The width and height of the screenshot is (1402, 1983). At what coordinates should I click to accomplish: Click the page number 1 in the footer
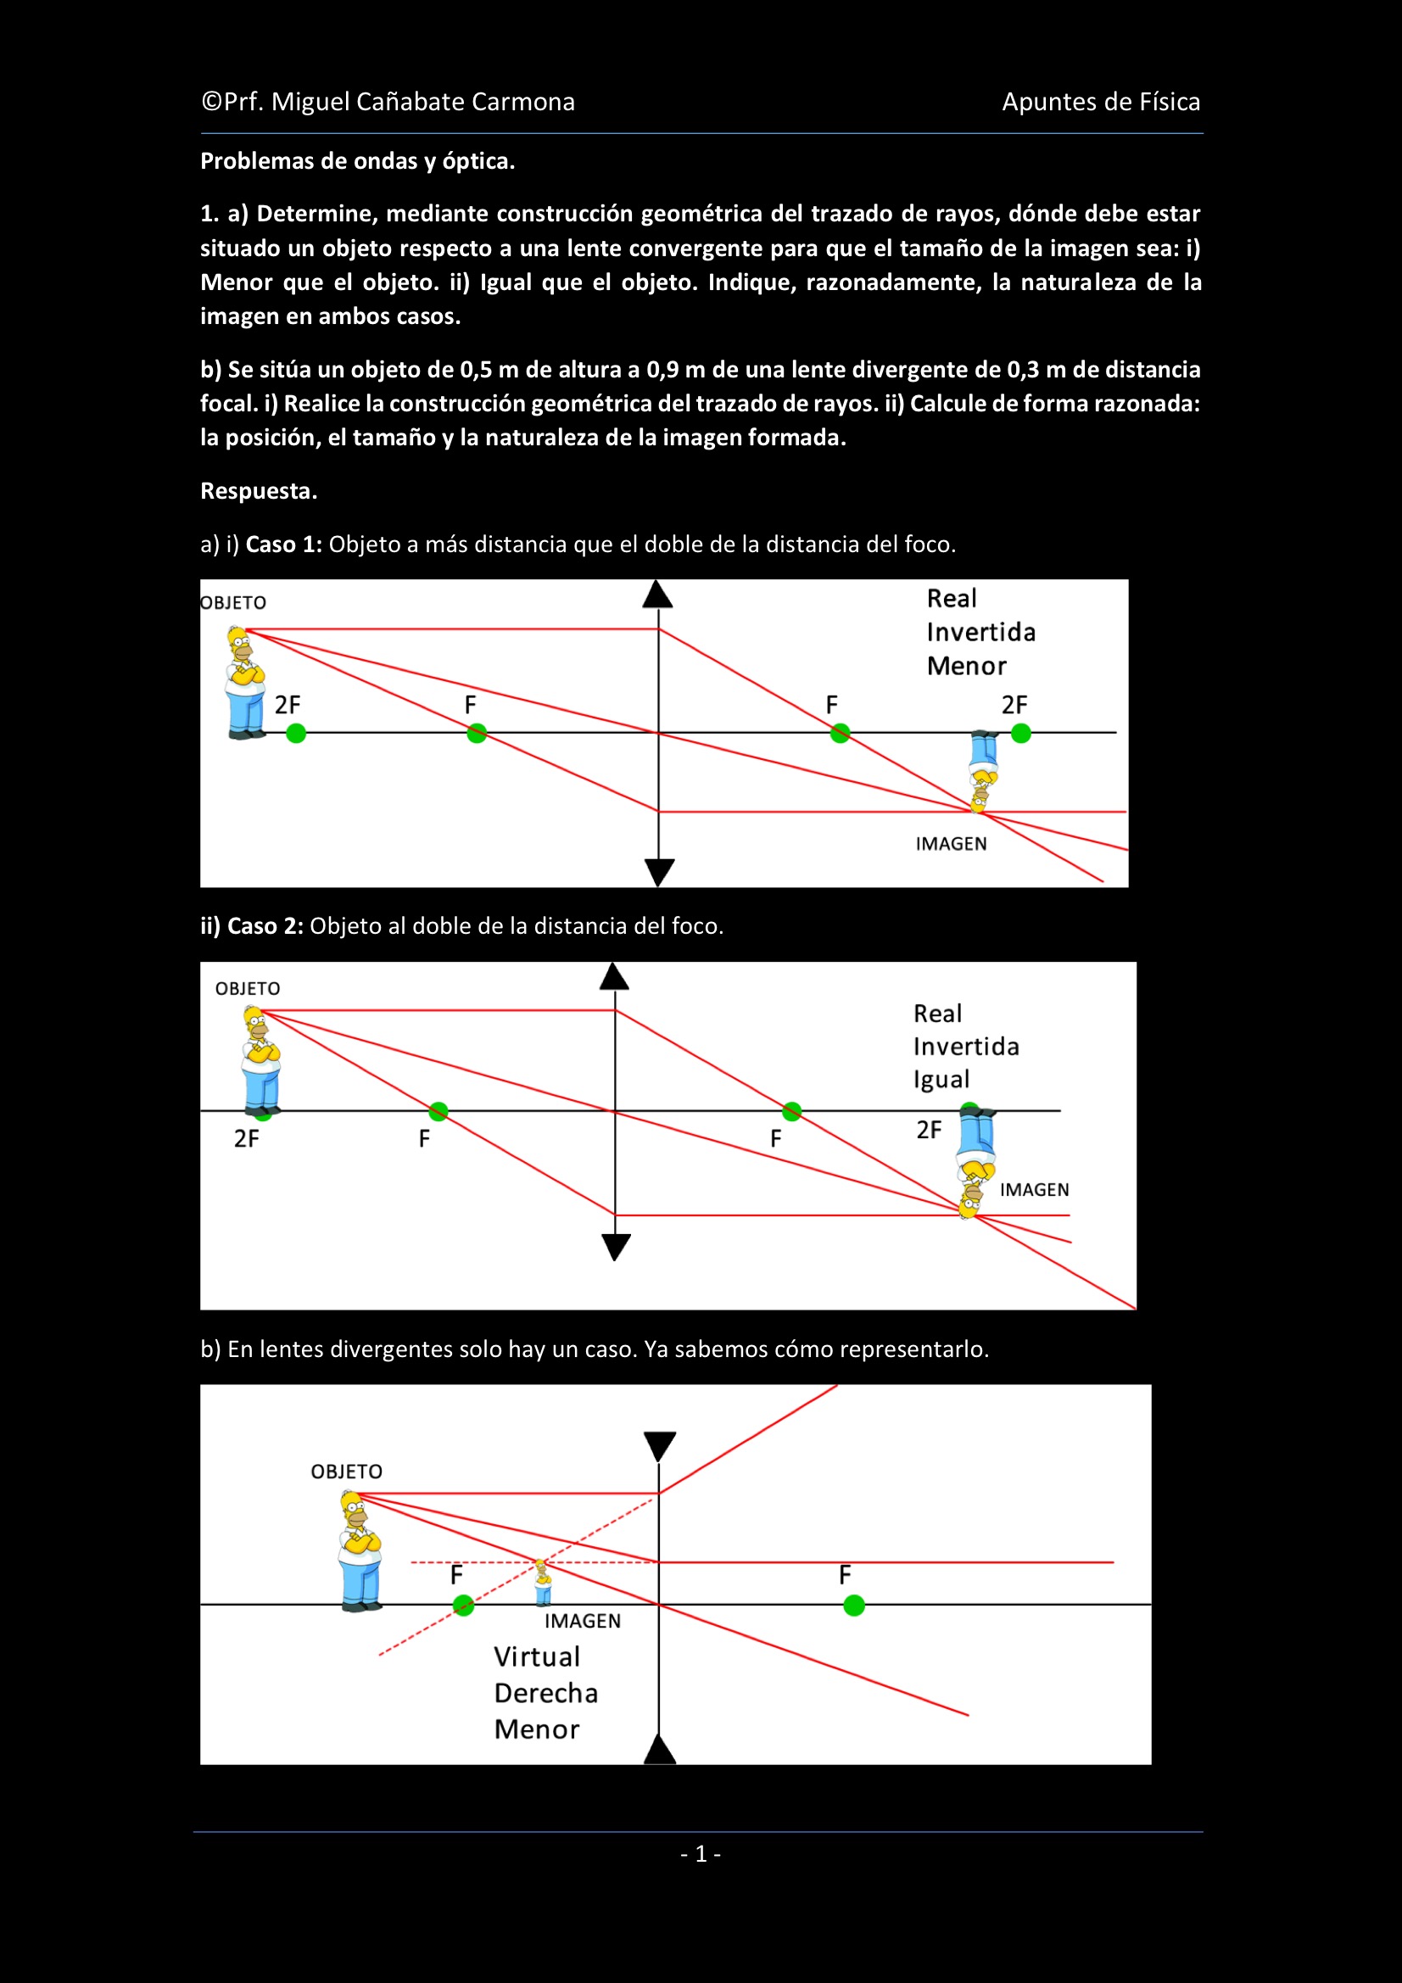point(701,1853)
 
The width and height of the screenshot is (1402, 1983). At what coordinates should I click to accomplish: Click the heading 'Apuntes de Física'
point(1102,102)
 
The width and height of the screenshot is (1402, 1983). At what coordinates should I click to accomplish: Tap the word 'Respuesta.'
point(260,490)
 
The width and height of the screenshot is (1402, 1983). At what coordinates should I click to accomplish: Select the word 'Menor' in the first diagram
point(967,666)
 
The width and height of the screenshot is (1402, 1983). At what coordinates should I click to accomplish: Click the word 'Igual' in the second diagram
point(941,1080)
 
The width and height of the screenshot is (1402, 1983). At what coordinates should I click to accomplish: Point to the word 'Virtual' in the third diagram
point(536,1656)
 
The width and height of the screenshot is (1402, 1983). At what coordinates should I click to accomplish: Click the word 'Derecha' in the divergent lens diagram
point(546,1693)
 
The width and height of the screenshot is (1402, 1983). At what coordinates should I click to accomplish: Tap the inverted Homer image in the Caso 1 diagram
point(984,771)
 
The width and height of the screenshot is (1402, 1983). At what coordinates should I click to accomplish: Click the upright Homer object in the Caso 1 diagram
point(245,682)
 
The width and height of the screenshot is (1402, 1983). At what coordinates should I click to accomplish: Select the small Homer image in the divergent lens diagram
point(543,1584)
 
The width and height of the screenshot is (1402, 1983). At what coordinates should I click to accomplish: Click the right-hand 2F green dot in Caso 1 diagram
point(1021,734)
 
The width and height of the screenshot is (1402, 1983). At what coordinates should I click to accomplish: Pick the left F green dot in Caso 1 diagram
point(477,734)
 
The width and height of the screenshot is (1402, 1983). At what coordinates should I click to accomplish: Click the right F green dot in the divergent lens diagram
point(854,1606)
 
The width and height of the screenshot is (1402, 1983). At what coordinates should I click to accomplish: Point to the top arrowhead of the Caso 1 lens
point(657,595)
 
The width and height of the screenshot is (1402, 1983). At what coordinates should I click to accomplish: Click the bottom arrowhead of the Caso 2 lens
point(616,1247)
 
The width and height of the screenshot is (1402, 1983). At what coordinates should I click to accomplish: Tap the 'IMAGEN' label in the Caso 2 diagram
point(1035,1190)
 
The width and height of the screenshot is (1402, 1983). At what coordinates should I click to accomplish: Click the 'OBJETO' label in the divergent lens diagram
point(346,1472)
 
